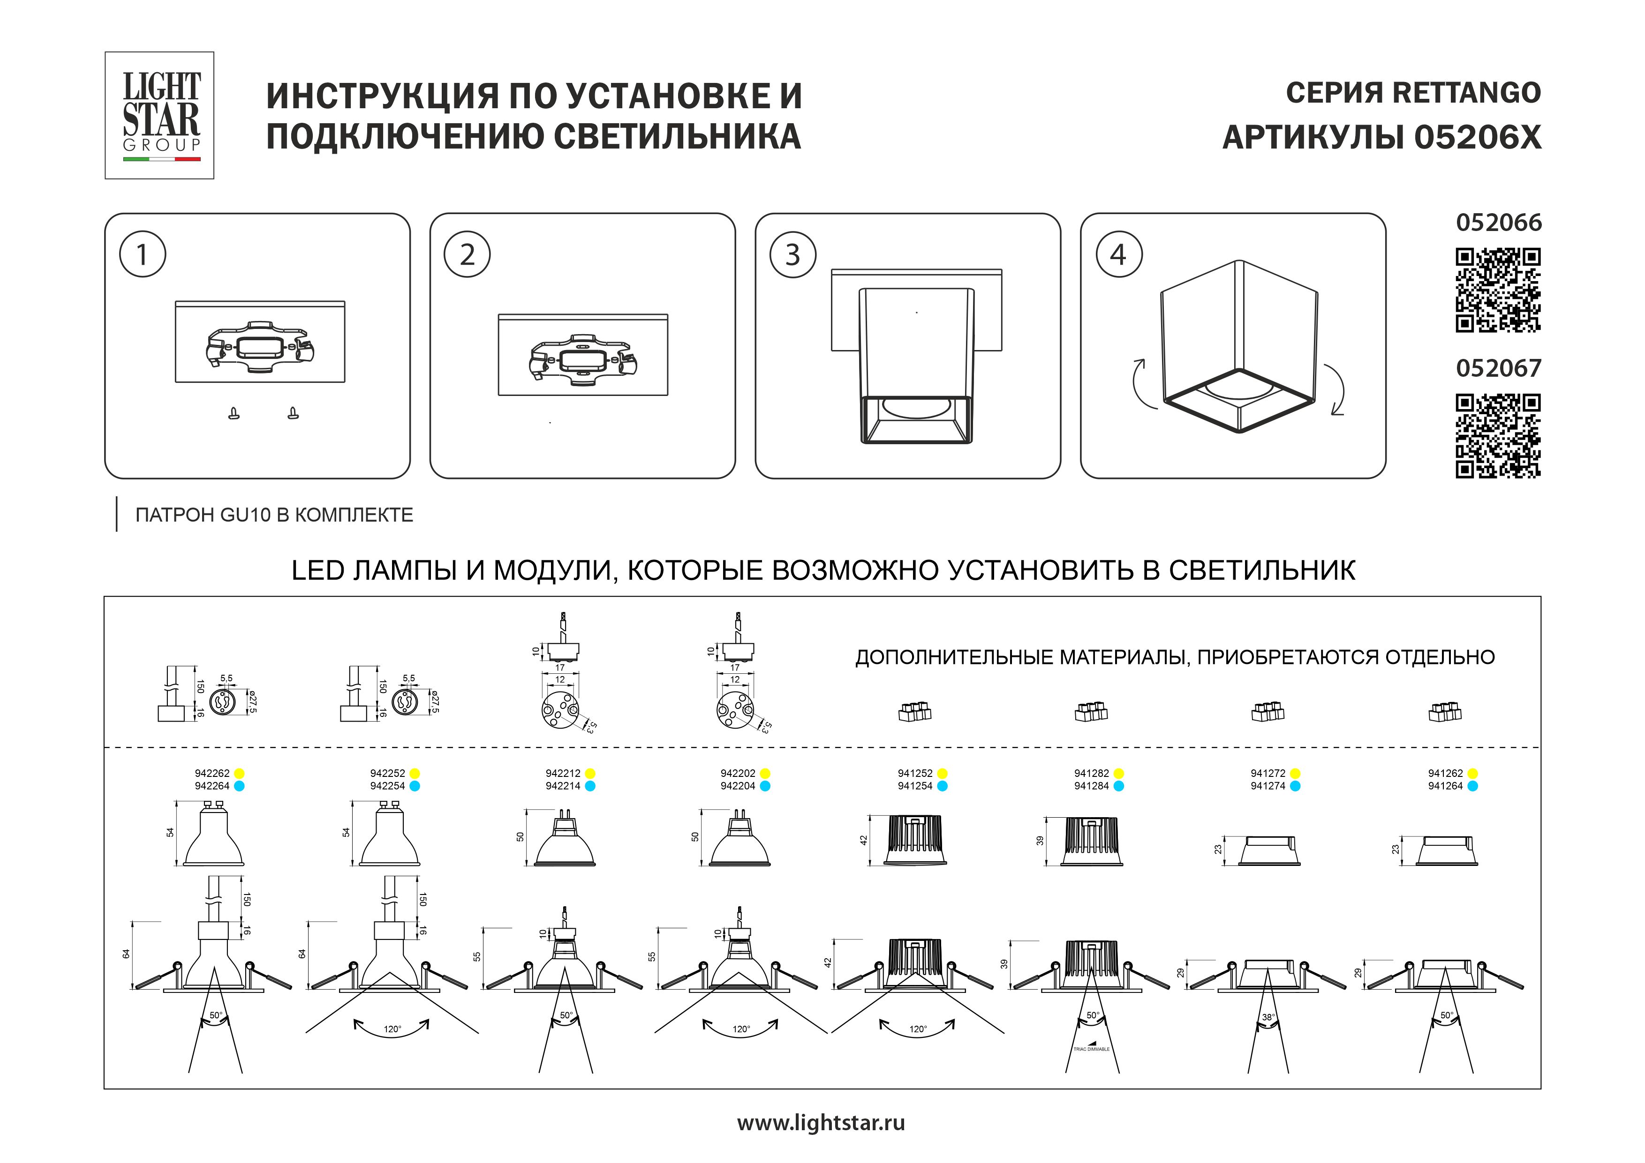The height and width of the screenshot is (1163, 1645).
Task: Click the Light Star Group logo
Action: [160, 115]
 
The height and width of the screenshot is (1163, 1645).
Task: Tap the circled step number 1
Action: [143, 255]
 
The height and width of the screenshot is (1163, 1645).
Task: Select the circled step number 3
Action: [792, 255]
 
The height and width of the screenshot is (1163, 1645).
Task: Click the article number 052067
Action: [1498, 368]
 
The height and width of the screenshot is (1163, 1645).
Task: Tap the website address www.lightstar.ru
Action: [821, 1123]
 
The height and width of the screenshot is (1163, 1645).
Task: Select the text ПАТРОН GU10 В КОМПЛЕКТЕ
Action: [274, 515]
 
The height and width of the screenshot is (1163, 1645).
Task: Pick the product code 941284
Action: [1091, 786]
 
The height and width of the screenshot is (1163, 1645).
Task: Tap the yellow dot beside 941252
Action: [942, 774]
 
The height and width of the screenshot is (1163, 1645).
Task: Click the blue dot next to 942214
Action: [589, 786]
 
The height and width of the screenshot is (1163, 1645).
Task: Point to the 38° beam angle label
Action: [1268, 1017]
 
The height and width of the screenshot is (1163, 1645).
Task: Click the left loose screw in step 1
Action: [234, 413]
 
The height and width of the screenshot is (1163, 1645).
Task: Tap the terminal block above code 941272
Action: [1268, 712]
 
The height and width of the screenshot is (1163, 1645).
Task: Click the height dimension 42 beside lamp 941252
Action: [864, 840]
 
